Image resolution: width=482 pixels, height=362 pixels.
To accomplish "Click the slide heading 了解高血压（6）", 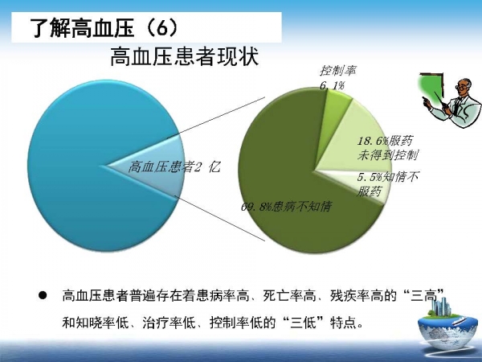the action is point(104,28).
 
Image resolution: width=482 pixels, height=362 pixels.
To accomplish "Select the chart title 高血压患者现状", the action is point(185,56).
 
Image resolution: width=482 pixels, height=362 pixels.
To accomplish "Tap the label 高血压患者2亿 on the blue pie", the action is point(174,167).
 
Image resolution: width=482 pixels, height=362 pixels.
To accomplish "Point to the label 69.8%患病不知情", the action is point(286,206).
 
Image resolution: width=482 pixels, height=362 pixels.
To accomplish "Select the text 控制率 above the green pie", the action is point(338,71).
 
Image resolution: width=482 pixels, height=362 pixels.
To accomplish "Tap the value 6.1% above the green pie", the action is point(332,85).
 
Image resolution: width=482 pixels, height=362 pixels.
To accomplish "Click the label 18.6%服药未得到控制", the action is point(388,148).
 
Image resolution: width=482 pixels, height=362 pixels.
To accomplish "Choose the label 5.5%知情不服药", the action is point(387,184).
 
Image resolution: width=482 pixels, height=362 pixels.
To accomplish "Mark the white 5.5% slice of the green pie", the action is point(353,184).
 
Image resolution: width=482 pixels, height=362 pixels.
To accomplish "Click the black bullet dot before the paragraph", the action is point(43,296).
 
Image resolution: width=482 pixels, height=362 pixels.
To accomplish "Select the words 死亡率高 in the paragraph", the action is point(290,296).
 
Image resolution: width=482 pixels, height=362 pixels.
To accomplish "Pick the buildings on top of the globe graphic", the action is point(440,306).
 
